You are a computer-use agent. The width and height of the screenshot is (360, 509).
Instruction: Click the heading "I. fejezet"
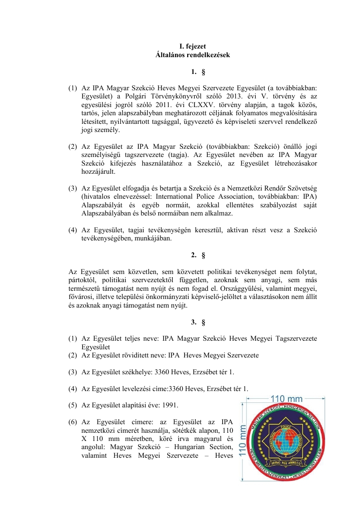click(193, 46)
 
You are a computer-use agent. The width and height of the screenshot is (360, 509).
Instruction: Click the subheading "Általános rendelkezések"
click(193, 55)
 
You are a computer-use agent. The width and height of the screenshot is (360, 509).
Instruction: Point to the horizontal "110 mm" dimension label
click(286, 399)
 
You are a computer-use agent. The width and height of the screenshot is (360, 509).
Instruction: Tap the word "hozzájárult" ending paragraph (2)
click(98, 172)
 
